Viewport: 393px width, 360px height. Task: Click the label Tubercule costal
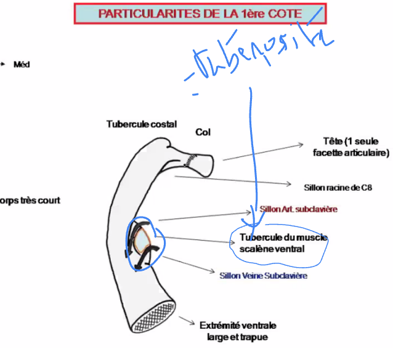coord(141,124)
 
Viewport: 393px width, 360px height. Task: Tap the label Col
coord(203,132)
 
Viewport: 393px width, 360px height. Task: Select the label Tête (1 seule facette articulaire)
coord(347,146)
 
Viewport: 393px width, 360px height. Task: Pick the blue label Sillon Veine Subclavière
coord(263,275)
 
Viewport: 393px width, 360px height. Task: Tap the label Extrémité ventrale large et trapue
coord(237,330)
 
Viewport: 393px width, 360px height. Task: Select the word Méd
coord(22,64)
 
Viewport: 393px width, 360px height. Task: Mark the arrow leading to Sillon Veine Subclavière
coord(188,265)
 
